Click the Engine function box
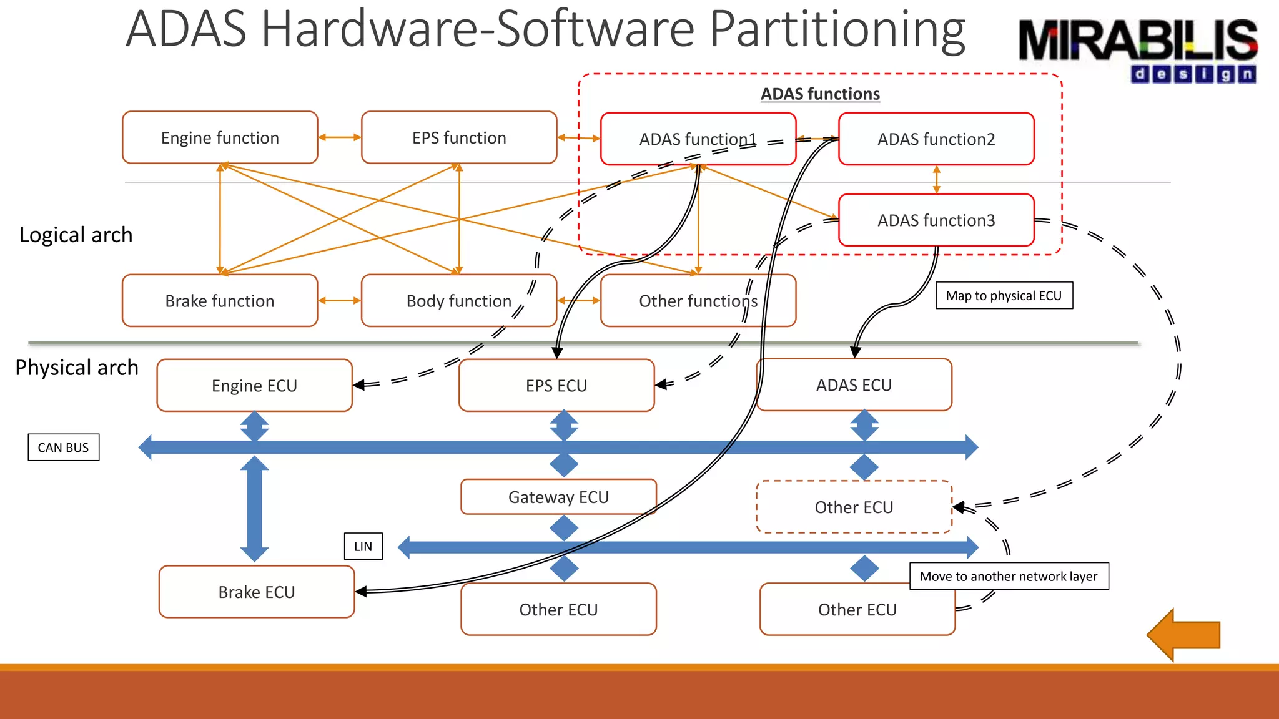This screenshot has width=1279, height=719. click(220, 138)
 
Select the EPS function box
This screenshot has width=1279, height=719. click(459, 138)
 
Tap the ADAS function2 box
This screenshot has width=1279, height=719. click(936, 139)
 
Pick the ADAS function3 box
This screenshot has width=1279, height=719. click(936, 220)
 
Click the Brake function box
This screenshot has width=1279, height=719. click(220, 301)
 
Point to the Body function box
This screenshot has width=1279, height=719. click(459, 301)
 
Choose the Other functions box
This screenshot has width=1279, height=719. click(698, 301)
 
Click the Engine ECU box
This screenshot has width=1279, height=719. click(254, 386)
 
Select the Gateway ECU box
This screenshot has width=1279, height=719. click(558, 497)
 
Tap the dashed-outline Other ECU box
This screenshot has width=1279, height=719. click(854, 507)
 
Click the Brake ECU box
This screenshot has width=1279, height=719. click(256, 592)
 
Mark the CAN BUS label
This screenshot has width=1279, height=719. click(63, 448)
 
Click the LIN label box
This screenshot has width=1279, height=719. click(363, 547)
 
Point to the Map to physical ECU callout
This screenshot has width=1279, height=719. click(1004, 296)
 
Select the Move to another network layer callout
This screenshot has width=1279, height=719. click(1008, 576)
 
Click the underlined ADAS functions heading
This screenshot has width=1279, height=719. click(820, 94)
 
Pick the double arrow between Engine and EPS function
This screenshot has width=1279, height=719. click(340, 137)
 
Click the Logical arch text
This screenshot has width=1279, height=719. click(76, 235)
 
